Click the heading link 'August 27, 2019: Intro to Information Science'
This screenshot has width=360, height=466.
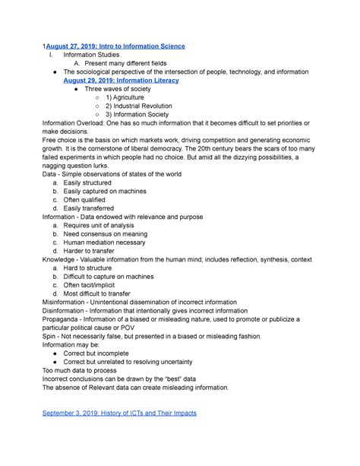(115, 46)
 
